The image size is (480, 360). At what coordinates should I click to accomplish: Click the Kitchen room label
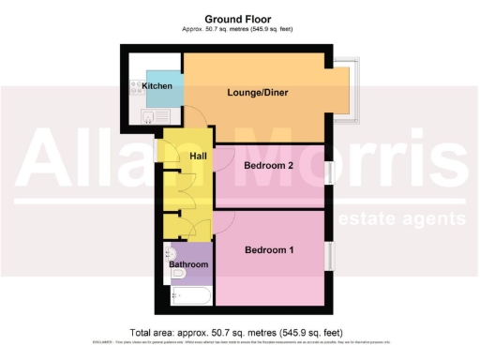pyautogui.click(x=157, y=86)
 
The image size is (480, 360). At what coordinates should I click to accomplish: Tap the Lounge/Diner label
pyautogui.click(x=255, y=93)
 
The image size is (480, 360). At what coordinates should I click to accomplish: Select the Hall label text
pyautogui.click(x=198, y=156)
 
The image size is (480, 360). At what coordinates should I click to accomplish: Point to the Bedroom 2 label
pyautogui.click(x=269, y=165)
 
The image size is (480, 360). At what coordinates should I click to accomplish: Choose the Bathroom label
pyautogui.click(x=188, y=265)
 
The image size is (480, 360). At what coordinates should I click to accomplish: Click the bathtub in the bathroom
pyautogui.click(x=191, y=296)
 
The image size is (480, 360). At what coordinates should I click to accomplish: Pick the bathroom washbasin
pyautogui.click(x=170, y=252)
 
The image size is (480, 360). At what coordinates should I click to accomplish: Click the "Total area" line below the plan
pyautogui.click(x=240, y=332)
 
